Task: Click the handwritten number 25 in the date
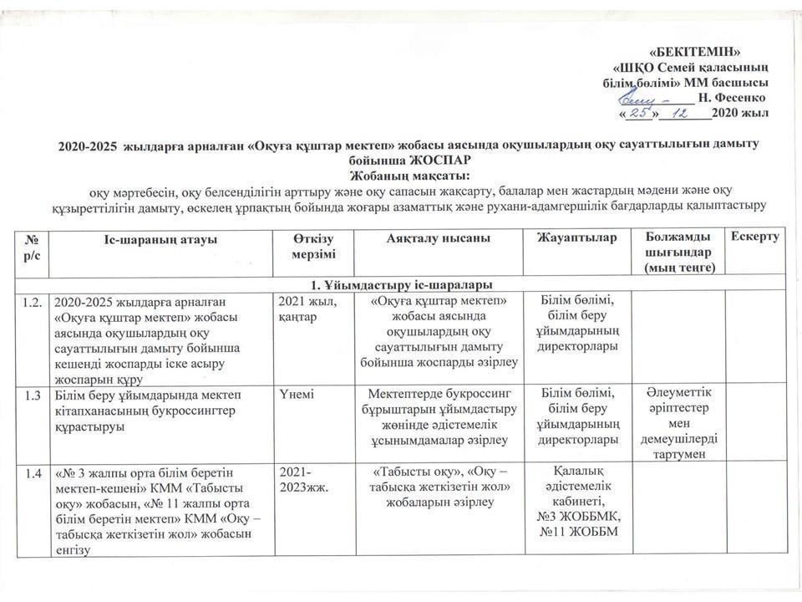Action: tap(640, 112)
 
